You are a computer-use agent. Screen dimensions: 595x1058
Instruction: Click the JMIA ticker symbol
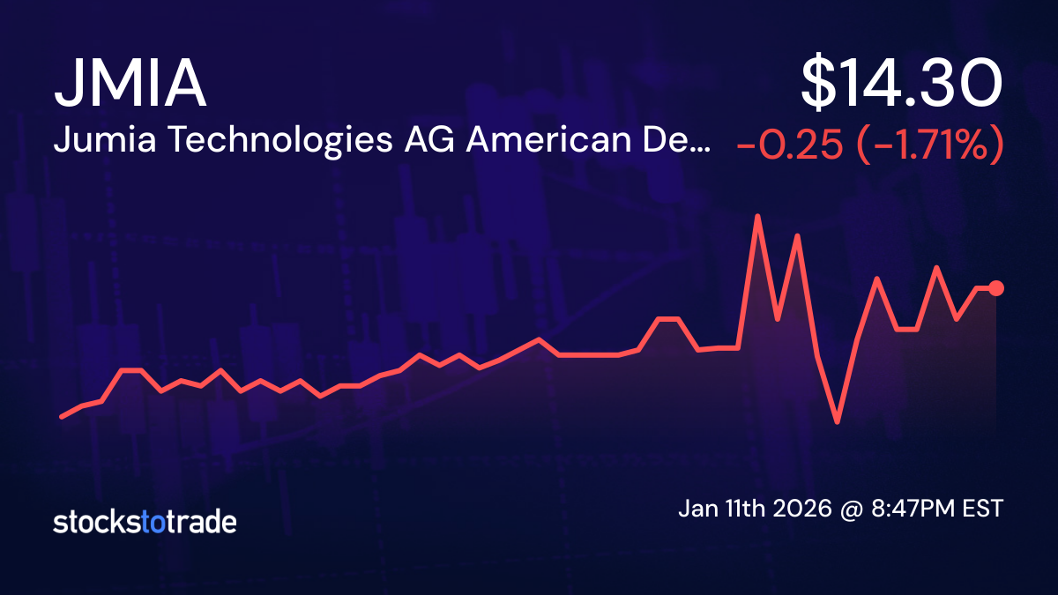coord(130,86)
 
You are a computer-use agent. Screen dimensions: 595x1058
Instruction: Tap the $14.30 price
coord(901,86)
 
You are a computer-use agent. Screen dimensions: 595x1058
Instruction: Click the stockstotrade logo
coord(145,522)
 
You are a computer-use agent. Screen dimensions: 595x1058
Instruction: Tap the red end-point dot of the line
coord(996,287)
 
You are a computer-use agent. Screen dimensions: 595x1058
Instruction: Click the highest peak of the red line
coord(756,216)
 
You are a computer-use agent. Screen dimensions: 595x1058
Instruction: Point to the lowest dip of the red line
coord(837,422)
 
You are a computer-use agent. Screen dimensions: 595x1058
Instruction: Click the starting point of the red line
coord(61,416)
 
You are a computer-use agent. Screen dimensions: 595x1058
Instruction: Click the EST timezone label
coord(983,509)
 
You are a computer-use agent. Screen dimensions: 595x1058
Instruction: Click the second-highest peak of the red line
coord(797,235)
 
